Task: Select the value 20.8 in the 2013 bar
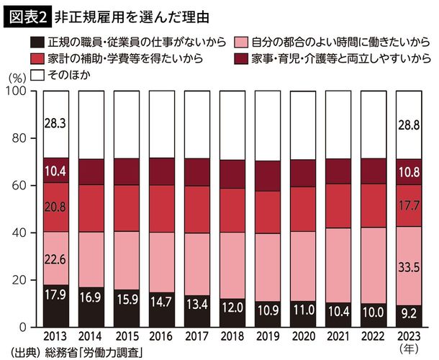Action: (54, 207)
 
